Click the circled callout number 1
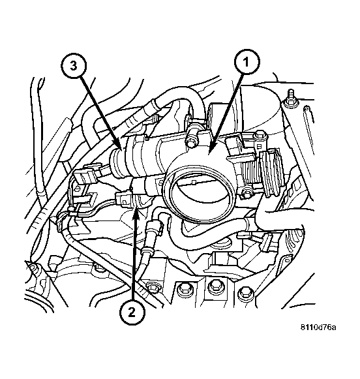[x=247, y=62]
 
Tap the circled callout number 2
[x=132, y=313]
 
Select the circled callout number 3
[x=74, y=65]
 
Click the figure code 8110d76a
[x=318, y=327]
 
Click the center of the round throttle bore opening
[x=200, y=193]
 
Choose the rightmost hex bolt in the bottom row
[x=245, y=293]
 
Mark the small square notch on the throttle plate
[x=193, y=182]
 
